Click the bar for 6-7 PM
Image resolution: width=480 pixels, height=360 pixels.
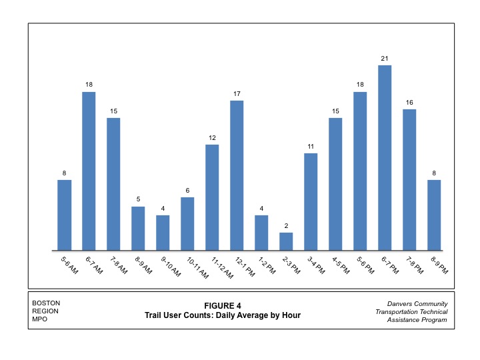point(385,158)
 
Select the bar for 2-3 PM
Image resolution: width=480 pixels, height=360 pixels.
point(286,241)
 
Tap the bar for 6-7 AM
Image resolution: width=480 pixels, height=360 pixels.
point(89,171)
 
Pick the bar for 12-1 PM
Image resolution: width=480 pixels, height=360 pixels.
point(237,175)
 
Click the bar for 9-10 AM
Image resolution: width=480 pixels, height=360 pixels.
point(163,233)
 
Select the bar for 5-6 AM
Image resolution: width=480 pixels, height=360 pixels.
point(64,215)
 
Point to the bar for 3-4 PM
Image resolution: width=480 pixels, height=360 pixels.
point(311,202)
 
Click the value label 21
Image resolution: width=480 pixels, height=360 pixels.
point(385,59)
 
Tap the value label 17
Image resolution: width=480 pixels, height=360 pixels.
point(237,93)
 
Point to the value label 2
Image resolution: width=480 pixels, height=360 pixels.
point(286,225)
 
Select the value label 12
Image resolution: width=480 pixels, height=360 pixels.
point(212,137)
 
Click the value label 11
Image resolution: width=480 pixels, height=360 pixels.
point(311,146)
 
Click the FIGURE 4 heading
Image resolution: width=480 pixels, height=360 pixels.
point(223,306)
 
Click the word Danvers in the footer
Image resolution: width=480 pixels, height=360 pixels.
point(391,304)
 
